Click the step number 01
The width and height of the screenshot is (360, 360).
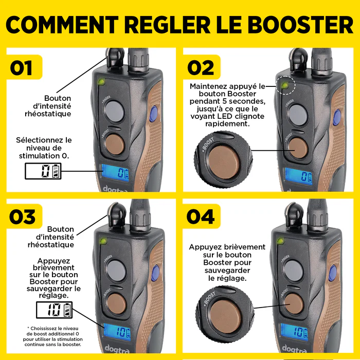pyautogui.click(x=21, y=68)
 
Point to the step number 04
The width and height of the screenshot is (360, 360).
pyautogui.click(x=201, y=217)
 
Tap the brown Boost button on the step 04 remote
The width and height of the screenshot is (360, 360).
pyautogui.click(x=295, y=304)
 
